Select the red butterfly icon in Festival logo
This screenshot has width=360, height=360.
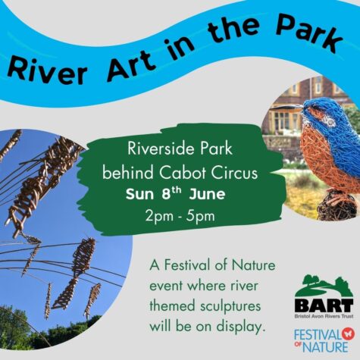tap(343, 332)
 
